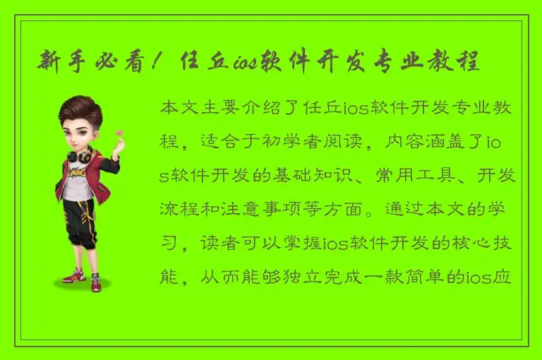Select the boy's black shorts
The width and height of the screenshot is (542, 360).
coord(79,215)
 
